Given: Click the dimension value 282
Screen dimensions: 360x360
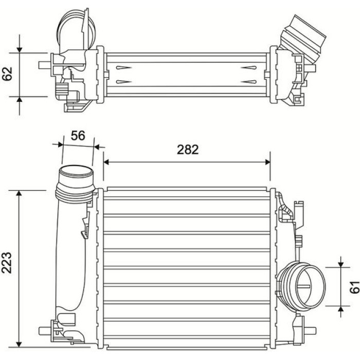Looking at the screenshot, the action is point(188,150).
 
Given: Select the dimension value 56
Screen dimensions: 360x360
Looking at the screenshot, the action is point(78,135).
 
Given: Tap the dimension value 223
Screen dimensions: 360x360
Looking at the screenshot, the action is point(7,263).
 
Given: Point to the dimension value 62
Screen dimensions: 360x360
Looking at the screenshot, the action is point(7,74).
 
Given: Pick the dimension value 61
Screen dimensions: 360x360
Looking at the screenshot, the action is point(354,287).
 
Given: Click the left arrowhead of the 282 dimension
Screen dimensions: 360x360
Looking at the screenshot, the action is point(106,162).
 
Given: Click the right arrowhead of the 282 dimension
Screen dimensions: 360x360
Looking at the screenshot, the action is point(267,162).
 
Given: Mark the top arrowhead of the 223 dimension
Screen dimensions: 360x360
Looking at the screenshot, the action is point(19,193).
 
